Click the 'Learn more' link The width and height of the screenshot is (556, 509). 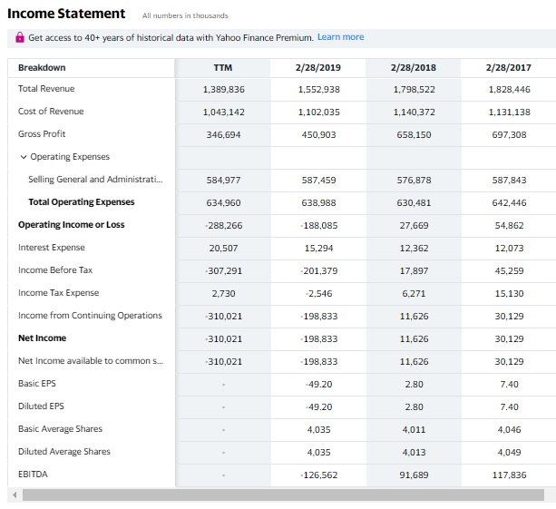coord(340,37)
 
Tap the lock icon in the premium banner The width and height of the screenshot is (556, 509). coord(20,37)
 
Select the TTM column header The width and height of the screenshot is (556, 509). coord(222,67)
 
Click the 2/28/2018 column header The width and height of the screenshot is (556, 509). coord(413,67)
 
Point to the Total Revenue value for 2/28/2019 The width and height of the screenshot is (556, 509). coord(317,89)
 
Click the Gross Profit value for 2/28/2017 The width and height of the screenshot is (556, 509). coord(509,134)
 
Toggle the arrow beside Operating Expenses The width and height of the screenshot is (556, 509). coord(23,157)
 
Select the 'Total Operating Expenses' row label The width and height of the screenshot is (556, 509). coord(81,202)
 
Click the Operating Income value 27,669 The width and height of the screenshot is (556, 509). coord(413,225)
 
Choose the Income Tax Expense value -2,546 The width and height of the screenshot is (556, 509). coord(317,293)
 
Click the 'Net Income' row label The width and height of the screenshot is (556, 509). coord(42,338)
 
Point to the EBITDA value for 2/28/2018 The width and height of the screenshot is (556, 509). coord(413,475)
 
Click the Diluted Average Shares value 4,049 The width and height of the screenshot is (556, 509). coord(509,452)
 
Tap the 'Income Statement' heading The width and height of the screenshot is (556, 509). coord(66,14)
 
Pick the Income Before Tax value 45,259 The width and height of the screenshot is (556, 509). coord(509,270)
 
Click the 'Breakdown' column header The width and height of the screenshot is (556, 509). coord(42,67)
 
